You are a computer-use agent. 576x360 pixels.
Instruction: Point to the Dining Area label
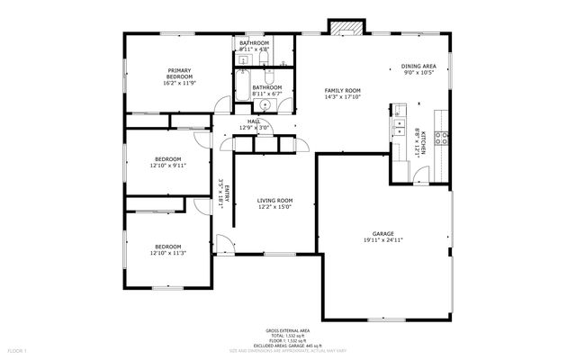click(x=418, y=67)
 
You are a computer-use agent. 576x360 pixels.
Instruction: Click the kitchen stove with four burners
click(x=442, y=138)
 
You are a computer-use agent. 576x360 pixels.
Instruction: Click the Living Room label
click(x=274, y=201)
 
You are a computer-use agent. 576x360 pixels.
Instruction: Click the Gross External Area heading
click(x=287, y=330)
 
